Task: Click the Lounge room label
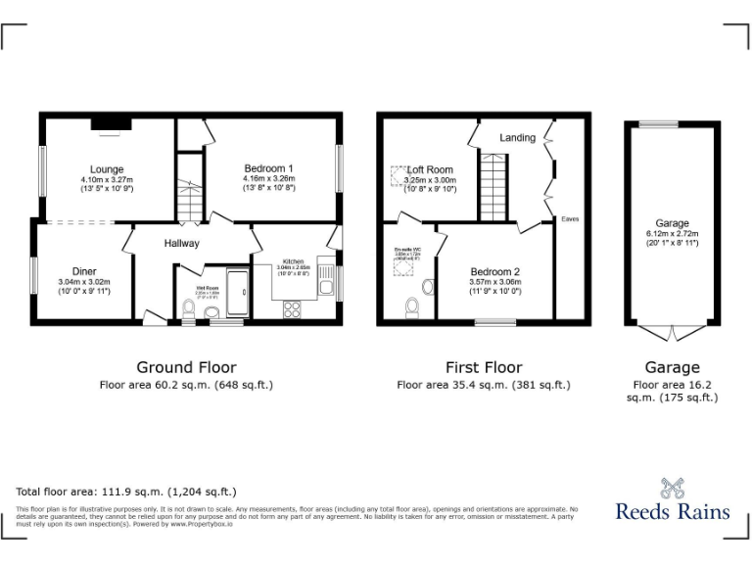point(107,169)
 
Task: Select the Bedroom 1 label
point(268,168)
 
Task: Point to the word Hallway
point(181,244)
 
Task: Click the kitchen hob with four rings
point(292,308)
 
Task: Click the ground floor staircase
point(188,201)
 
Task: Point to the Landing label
point(518,138)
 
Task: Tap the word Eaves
point(570,219)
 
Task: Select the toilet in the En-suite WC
point(412,307)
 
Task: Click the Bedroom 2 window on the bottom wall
point(494,320)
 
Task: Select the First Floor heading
point(484,368)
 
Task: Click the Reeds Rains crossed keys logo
point(673,487)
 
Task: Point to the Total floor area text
point(126,492)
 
